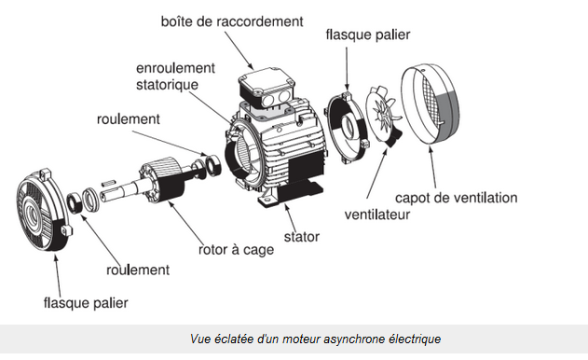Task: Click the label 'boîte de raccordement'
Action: (x=232, y=21)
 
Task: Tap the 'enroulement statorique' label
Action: (x=175, y=76)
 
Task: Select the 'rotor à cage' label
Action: (x=236, y=250)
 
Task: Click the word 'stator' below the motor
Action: (x=302, y=237)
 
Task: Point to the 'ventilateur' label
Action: (x=376, y=215)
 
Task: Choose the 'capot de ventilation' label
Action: (x=456, y=198)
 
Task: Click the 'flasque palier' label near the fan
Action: (x=368, y=35)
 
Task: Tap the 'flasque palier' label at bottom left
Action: (x=86, y=303)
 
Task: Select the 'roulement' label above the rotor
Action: (x=129, y=119)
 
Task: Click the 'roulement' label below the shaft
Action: (x=138, y=270)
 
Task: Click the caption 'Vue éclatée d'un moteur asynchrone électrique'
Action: (x=315, y=339)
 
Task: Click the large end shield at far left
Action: (x=44, y=210)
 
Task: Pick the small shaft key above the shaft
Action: (x=106, y=183)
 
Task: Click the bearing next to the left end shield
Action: (x=75, y=203)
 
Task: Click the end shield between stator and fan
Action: (x=348, y=128)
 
